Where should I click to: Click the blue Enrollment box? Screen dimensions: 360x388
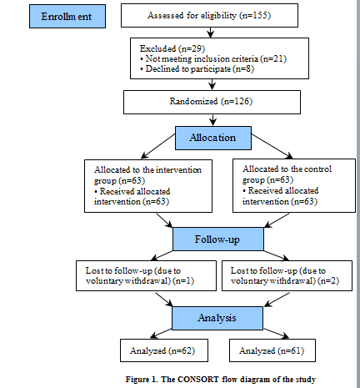[67, 17]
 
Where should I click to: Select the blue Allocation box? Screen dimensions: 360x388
[213, 138]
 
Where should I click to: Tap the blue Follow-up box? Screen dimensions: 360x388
[218, 239]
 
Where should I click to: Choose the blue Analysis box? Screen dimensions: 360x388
[217, 318]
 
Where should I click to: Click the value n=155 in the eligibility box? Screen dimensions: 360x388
[255, 15]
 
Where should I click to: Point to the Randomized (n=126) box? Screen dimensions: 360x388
[212, 102]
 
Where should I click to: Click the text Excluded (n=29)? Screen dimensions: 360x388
[172, 48]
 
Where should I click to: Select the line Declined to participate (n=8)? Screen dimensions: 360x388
[197, 69]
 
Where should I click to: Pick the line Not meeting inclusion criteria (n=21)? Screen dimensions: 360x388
[213, 59]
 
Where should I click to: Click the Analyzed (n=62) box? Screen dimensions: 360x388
[164, 350]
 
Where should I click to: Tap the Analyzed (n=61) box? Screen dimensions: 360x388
[272, 350]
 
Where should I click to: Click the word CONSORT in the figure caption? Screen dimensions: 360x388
[197, 380]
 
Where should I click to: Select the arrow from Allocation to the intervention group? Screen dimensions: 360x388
[158, 146]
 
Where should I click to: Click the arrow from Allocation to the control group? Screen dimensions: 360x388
[272, 146]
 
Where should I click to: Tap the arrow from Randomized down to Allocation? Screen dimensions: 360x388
[212, 120]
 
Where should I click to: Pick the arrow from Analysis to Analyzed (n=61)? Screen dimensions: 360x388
[276, 334]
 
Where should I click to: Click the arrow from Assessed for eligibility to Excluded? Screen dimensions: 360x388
[211, 33]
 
